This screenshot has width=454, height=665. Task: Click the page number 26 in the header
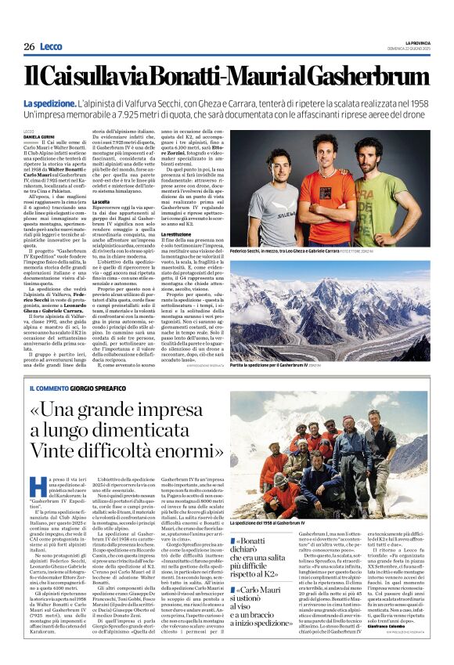point(29,47)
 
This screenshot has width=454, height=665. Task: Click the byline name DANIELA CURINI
point(40,136)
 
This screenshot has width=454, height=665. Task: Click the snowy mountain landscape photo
point(329,309)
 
